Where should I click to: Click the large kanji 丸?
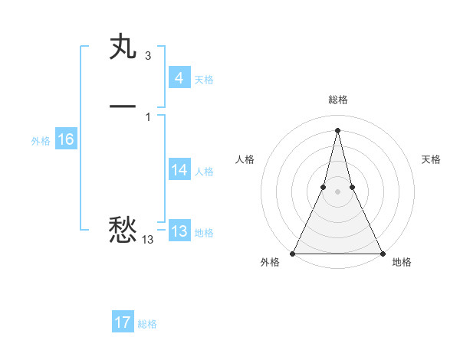(x=123, y=48)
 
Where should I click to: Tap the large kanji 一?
(x=123, y=106)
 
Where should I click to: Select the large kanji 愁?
(x=123, y=229)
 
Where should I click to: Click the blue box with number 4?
(x=179, y=78)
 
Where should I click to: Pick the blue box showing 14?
(x=179, y=170)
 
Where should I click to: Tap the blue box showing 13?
(x=179, y=231)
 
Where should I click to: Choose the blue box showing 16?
(x=66, y=139)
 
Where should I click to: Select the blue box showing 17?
(x=123, y=322)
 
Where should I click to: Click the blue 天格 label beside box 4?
(x=204, y=80)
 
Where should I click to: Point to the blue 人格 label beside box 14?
(x=204, y=172)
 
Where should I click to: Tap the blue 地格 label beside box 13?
(x=204, y=233)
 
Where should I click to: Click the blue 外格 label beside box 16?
(x=41, y=141)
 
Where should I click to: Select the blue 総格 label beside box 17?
(x=147, y=324)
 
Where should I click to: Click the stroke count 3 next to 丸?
(x=147, y=56)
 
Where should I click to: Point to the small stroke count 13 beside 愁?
(x=147, y=240)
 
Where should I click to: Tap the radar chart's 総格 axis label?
(x=337, y=100)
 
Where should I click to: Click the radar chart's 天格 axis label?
(x=432, y=159)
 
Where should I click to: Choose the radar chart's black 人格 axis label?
(x=245, y=159)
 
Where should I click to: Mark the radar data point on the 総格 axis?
(x=337, y=129)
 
